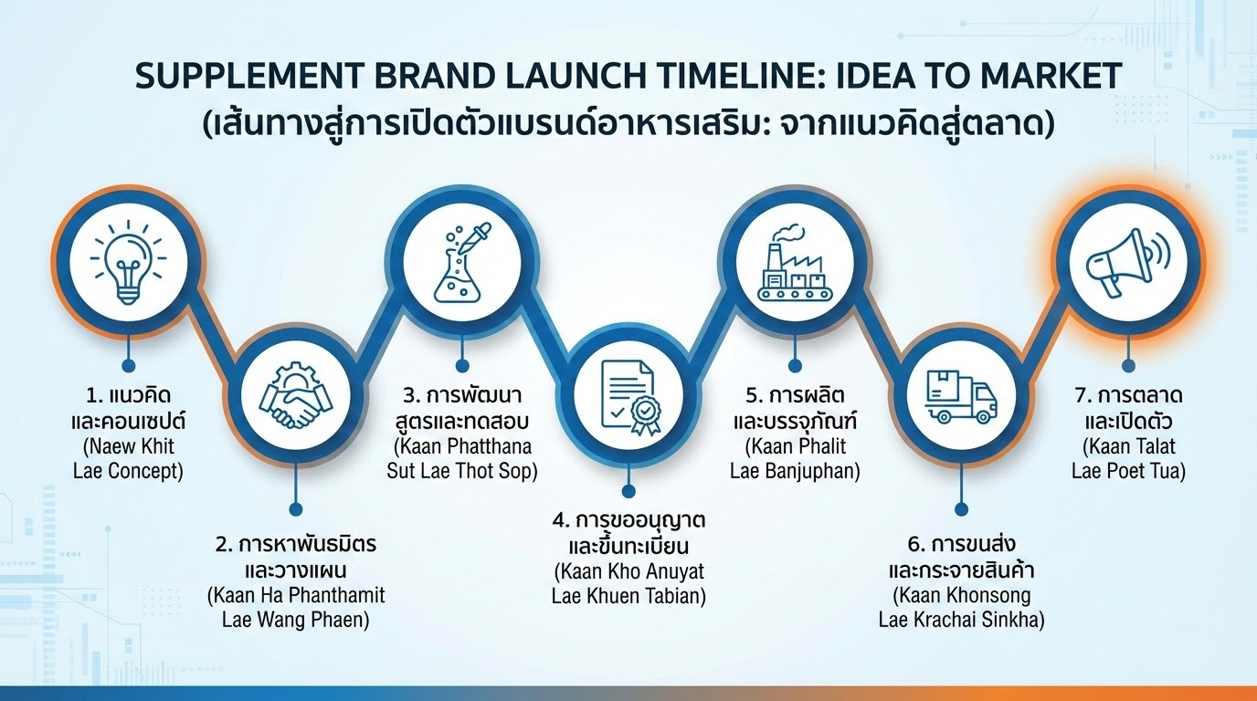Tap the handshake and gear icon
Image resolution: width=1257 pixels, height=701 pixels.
[294, 398]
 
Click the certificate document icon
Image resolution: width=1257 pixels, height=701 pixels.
[628, 399]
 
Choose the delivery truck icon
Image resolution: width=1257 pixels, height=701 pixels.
[960, 398]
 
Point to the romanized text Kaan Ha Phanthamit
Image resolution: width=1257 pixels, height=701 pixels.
[296, 595]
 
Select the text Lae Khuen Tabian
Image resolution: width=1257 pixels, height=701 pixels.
[628, 596]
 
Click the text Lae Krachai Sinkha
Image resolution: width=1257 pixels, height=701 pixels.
[961, 620]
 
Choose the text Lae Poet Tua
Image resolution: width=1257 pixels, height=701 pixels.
[1128, 471]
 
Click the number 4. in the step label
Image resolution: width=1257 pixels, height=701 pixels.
[561, 520]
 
